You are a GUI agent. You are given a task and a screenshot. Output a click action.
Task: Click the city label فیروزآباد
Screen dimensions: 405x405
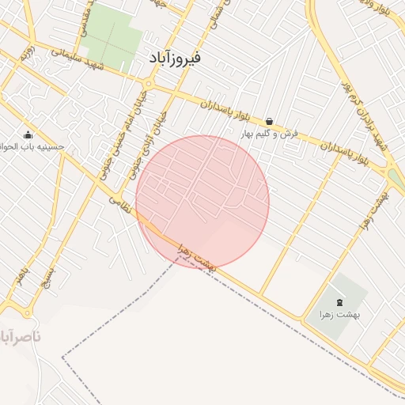[175, 58]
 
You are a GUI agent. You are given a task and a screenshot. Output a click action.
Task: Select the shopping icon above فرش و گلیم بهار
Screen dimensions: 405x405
[270, 121]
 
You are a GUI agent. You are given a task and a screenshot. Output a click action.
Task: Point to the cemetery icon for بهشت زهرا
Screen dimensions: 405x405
[340, 302]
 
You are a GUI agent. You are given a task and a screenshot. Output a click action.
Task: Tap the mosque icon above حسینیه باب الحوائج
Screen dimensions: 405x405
[28, 134]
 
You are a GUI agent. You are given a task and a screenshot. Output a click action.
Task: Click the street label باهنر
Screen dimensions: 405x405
[21, 276]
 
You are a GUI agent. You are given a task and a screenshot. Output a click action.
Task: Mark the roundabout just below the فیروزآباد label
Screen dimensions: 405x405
[149, 83]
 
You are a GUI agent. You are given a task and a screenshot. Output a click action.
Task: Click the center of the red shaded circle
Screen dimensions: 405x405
[202, 202]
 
